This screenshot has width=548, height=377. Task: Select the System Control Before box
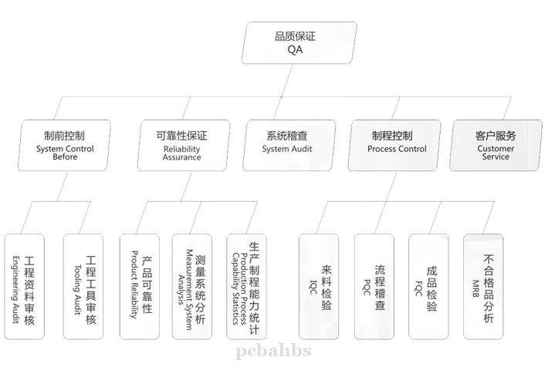(x=65, y=145)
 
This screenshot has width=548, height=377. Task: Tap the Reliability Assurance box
(x=182, y=145)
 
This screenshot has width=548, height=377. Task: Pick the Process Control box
(x=396, y=145)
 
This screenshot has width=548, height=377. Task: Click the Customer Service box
(x=496, y=145)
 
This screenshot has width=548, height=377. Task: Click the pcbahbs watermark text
(x=273, y=351)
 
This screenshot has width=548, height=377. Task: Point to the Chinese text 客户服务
(x=496, y=136)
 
